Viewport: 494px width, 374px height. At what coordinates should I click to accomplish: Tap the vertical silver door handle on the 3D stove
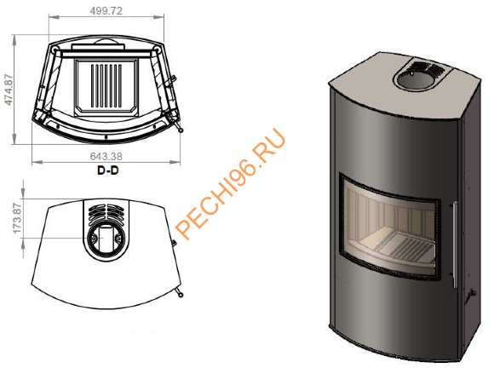click(x=456, y=245)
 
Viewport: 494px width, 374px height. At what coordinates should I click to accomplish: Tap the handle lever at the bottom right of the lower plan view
click(x=180, y=292)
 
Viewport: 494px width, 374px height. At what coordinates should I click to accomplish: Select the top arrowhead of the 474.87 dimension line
click(x=20, y=37)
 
